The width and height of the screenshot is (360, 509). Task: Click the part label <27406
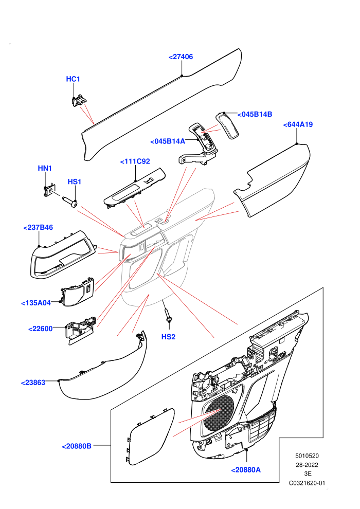(x=181, y=57)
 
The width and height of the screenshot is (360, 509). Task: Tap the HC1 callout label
(x=73, y=79)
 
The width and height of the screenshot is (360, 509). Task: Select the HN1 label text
(x=45, y=168)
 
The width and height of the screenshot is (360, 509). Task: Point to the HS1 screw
(x=70, y=202)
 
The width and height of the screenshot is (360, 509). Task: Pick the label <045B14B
(x=255, y=114)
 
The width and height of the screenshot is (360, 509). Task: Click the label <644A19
(x=298, y=124)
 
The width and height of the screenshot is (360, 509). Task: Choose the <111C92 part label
(x=135, y=161)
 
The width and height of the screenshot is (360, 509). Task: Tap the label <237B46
(x=38, y=228)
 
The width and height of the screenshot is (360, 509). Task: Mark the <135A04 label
(x=36, y=303)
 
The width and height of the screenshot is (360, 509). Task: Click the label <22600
(x=41, y=329)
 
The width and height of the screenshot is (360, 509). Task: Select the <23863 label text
(x=33, y=383)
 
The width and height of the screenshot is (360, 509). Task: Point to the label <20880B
(x=77, y=446)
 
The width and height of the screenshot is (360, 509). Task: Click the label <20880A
(x=246, y=470)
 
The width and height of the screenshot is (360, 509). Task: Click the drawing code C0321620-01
(x=307, y=483)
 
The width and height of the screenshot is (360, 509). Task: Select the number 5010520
(x=307, y=456)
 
